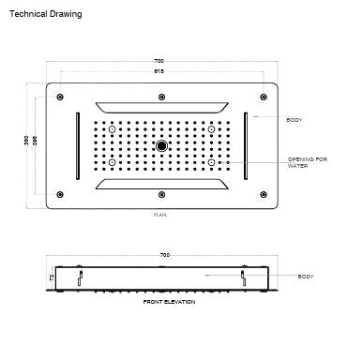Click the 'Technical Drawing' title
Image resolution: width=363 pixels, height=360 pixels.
click(46, 15)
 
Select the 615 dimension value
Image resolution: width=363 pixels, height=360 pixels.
click(164, 72)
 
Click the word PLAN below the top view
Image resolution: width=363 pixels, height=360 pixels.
click(162, 215)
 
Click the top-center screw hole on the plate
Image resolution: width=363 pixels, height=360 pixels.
click(163, 95)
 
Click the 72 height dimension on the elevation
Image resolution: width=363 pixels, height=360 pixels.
click(53, 277)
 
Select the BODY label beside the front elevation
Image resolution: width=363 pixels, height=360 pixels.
click(306, 277)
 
